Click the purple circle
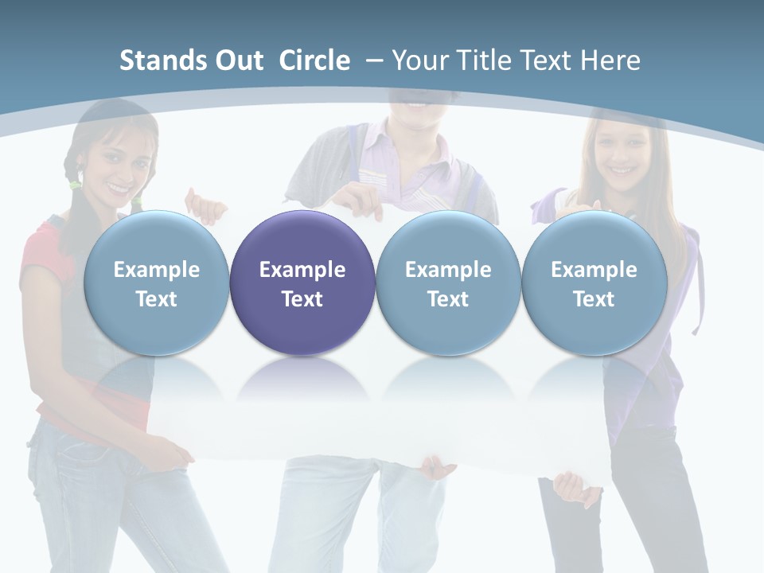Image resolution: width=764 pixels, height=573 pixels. click(302, 282)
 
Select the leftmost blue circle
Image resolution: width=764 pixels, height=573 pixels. click(156, 282)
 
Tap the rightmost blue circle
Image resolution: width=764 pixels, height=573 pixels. click(594, 282)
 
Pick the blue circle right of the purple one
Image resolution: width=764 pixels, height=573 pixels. click(448, 282)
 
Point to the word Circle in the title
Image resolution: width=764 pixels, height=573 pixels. click(314, 60)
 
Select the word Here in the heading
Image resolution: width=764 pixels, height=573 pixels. click(611, 60)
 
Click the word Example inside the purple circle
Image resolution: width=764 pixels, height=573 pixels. click(302, 270)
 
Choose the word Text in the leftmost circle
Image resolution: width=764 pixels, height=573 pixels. click(156, 299)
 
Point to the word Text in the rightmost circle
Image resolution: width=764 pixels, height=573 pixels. click(594, 299)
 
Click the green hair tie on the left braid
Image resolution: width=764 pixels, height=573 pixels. click(75, 185)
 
